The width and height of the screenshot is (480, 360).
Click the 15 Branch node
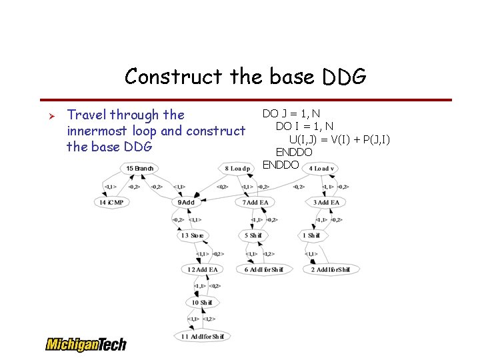pos(139,169)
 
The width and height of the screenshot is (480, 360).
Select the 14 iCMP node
pos(111,202)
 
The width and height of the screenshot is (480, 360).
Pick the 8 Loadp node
pos(237,169)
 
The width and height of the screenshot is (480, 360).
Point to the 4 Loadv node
pos(321,169)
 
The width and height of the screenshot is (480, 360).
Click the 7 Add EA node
pos(255,202)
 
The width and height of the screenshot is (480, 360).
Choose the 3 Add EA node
pos(326,202)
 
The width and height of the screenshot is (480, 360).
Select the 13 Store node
pos(192,235)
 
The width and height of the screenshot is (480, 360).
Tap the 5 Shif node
pos(253,235)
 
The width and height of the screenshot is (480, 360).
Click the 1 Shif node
pos(311,235)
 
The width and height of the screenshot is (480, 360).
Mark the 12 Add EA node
pos(203,269)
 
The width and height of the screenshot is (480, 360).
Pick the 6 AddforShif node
pos(264,269)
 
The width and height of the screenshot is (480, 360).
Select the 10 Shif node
pos(202,303)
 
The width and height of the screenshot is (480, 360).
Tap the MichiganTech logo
pos(85,344)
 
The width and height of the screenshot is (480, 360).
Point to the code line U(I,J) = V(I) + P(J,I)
pos(339,139)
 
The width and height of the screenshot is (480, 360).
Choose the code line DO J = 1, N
pos(291,113)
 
